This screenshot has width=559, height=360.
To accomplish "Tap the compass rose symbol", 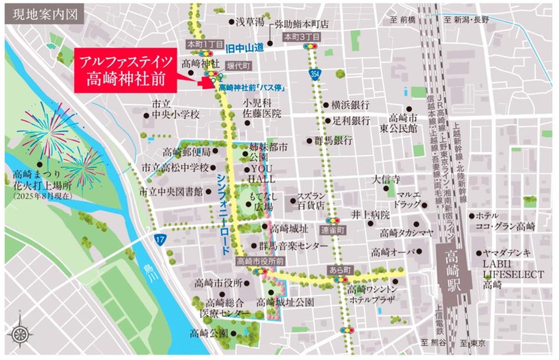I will [20, 334].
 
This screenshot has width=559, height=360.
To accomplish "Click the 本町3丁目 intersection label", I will [301, 37].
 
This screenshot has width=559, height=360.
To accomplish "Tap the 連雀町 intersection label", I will [332, 228].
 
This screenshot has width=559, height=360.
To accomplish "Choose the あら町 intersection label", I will [340, 269].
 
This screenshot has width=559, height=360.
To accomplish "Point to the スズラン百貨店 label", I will [311, 201].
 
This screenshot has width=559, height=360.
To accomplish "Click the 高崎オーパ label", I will [394, 252].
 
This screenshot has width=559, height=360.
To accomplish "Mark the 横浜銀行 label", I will [350, 105].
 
